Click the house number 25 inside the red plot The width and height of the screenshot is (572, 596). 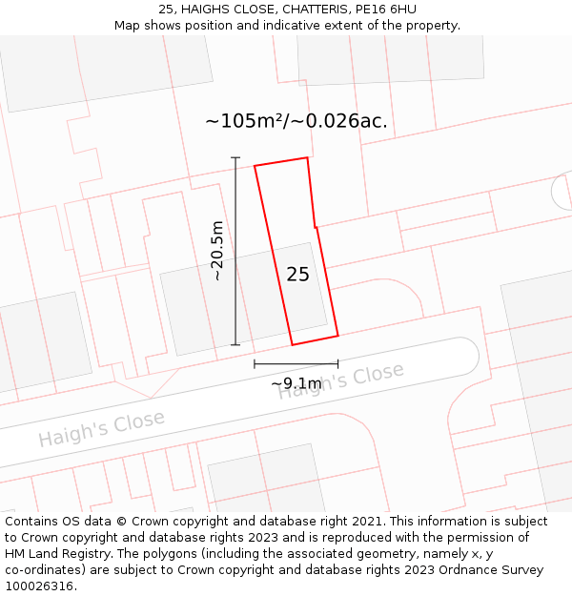[297, 275]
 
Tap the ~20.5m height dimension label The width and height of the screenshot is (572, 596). [217, 250]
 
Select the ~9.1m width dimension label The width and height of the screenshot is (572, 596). [296, 383]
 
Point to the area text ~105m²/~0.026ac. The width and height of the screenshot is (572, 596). [296, 121]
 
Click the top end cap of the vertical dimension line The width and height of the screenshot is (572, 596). [235, 157]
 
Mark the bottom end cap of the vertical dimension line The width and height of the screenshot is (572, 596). [235, 345]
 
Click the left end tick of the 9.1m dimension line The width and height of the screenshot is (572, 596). [255, 363]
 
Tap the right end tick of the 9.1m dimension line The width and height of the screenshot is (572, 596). [337, 363]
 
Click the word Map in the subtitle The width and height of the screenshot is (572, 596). [128, 26]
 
